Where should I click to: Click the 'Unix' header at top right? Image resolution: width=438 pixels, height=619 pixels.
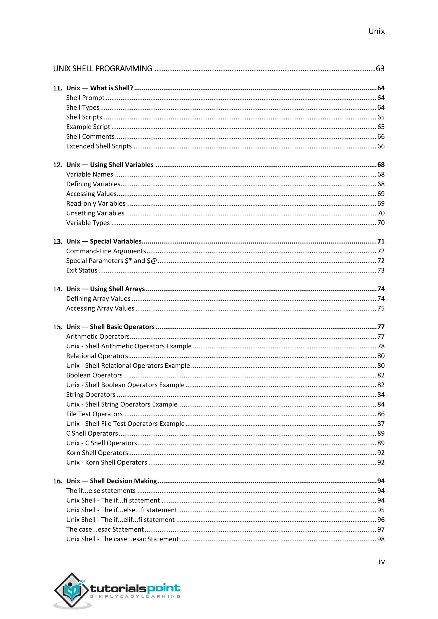click(x=376, y=31)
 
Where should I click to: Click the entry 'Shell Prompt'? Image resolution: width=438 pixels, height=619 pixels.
click(x=85, y=98)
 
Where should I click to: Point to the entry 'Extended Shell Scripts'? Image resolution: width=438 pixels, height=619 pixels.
click(x=99, y=146)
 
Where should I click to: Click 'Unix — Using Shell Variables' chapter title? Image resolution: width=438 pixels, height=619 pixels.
click(x=110, y=165)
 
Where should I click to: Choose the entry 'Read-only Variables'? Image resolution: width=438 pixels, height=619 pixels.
click(x=96, y=203)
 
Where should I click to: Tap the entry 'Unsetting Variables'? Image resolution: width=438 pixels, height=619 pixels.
click(x=95, y=213)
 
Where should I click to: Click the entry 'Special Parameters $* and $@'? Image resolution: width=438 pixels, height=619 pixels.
click(x=111, y=261)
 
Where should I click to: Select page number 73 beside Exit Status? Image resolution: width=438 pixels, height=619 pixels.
click(x=380, y=270)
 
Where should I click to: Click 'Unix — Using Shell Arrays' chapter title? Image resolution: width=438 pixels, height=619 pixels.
click(x=105, y=289)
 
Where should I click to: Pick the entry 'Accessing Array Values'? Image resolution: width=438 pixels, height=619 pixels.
click(x=100, y=308)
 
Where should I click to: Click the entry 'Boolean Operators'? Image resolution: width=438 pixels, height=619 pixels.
click(x=94, y=375)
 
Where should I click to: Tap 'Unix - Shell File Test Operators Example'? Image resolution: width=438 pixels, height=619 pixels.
click(x=125, y=424)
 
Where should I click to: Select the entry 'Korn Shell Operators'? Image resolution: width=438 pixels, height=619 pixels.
click(x=97, y=453)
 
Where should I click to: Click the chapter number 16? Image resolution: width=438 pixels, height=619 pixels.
click(x=58, y=481)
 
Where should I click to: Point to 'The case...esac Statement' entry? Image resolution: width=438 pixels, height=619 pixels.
click(x=105, y=529)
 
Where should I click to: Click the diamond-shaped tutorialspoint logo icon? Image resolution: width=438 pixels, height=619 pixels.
click(x=71, y=590)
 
